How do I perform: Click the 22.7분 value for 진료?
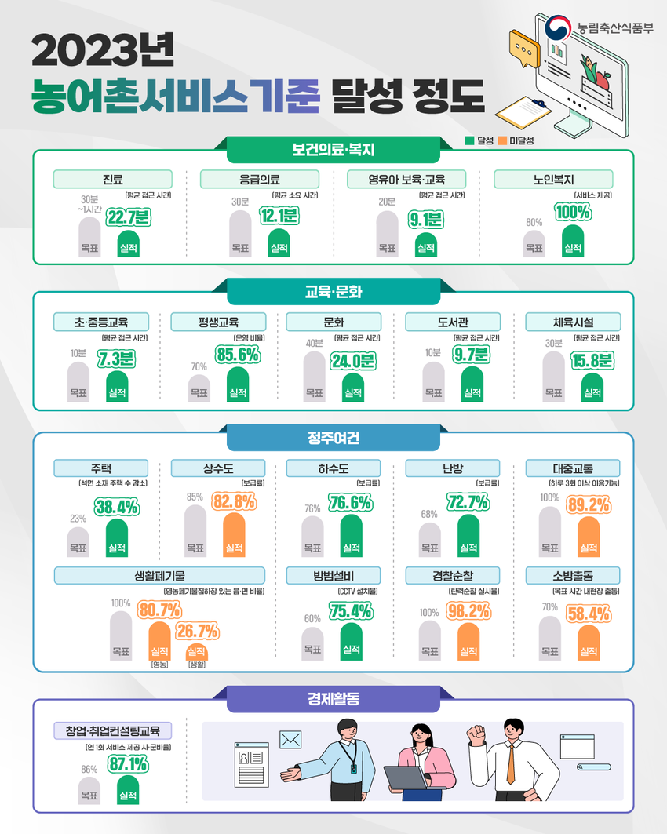(128, 217)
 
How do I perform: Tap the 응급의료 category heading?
(260, 179)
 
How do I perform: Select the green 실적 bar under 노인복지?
(573, 241)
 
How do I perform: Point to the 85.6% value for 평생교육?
(238, 355)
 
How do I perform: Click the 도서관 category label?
(453, 322)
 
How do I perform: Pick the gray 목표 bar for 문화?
(315, 376)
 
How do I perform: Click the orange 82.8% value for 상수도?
(234, 501)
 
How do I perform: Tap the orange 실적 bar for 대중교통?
(589, 537)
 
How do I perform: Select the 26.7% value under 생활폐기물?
(197, 632)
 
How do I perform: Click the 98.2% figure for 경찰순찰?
(468, 611)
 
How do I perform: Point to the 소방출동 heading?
(573, 576)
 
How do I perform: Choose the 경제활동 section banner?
(333, 699)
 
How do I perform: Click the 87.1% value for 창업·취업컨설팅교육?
(128, 764)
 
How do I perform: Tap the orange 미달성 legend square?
(502, 140)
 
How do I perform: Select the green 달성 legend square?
(470, 140)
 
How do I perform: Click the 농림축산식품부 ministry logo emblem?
(558, 27)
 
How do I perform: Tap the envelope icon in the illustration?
(290, 740)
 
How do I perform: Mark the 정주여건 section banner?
(333, 438)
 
